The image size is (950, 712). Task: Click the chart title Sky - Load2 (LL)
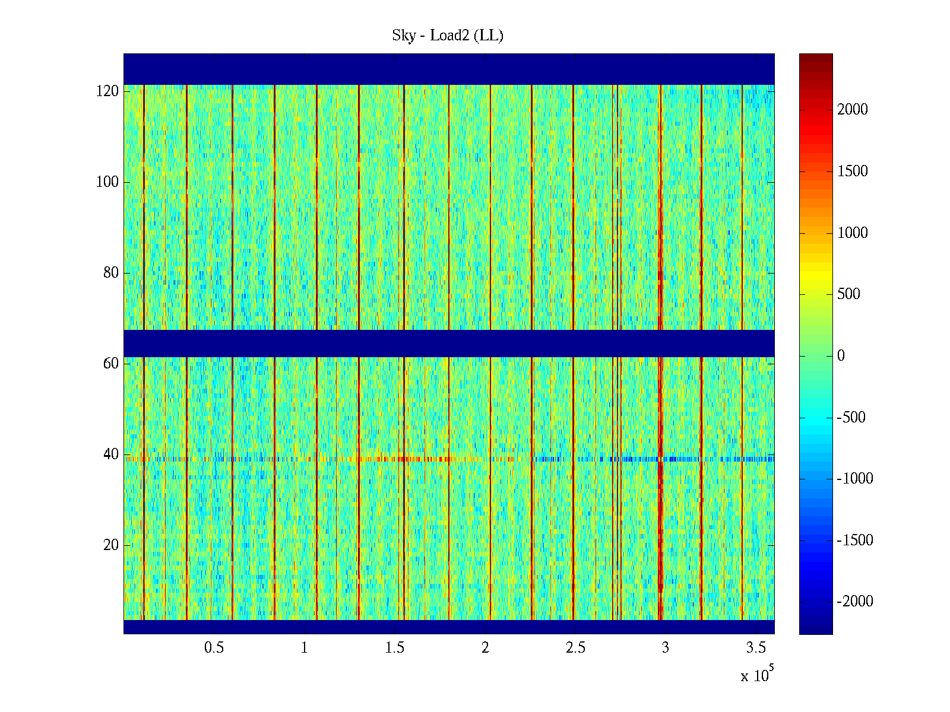tap(448, 36)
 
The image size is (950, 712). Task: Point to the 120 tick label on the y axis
tap(107, 91)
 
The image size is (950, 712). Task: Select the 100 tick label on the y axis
tap(107, 182)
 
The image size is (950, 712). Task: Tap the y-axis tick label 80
tap(111, 273)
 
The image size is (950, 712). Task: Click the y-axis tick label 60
tap(111, 364)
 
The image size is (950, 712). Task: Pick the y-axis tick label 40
tap(111, 454)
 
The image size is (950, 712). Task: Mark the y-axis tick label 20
tap(111, 545)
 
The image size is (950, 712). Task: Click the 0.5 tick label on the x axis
tap(214, 648)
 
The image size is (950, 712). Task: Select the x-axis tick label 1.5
tap(395, 648)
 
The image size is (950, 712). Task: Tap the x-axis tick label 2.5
tap(575, 648)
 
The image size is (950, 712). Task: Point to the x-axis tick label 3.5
tap(756, 648)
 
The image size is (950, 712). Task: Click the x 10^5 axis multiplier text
tap(756, 675)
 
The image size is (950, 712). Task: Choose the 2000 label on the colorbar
tap(853, 110)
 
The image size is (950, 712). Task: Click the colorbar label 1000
tap(853, 233)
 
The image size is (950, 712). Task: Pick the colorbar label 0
tap(841, 356)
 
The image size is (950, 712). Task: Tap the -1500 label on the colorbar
tap(855, 541)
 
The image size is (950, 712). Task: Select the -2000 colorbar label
tap(855, 602)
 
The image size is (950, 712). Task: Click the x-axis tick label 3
tap(666, 648)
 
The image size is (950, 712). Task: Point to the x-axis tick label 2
tap(485, 648)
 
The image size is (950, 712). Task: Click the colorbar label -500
tap(851, 418)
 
